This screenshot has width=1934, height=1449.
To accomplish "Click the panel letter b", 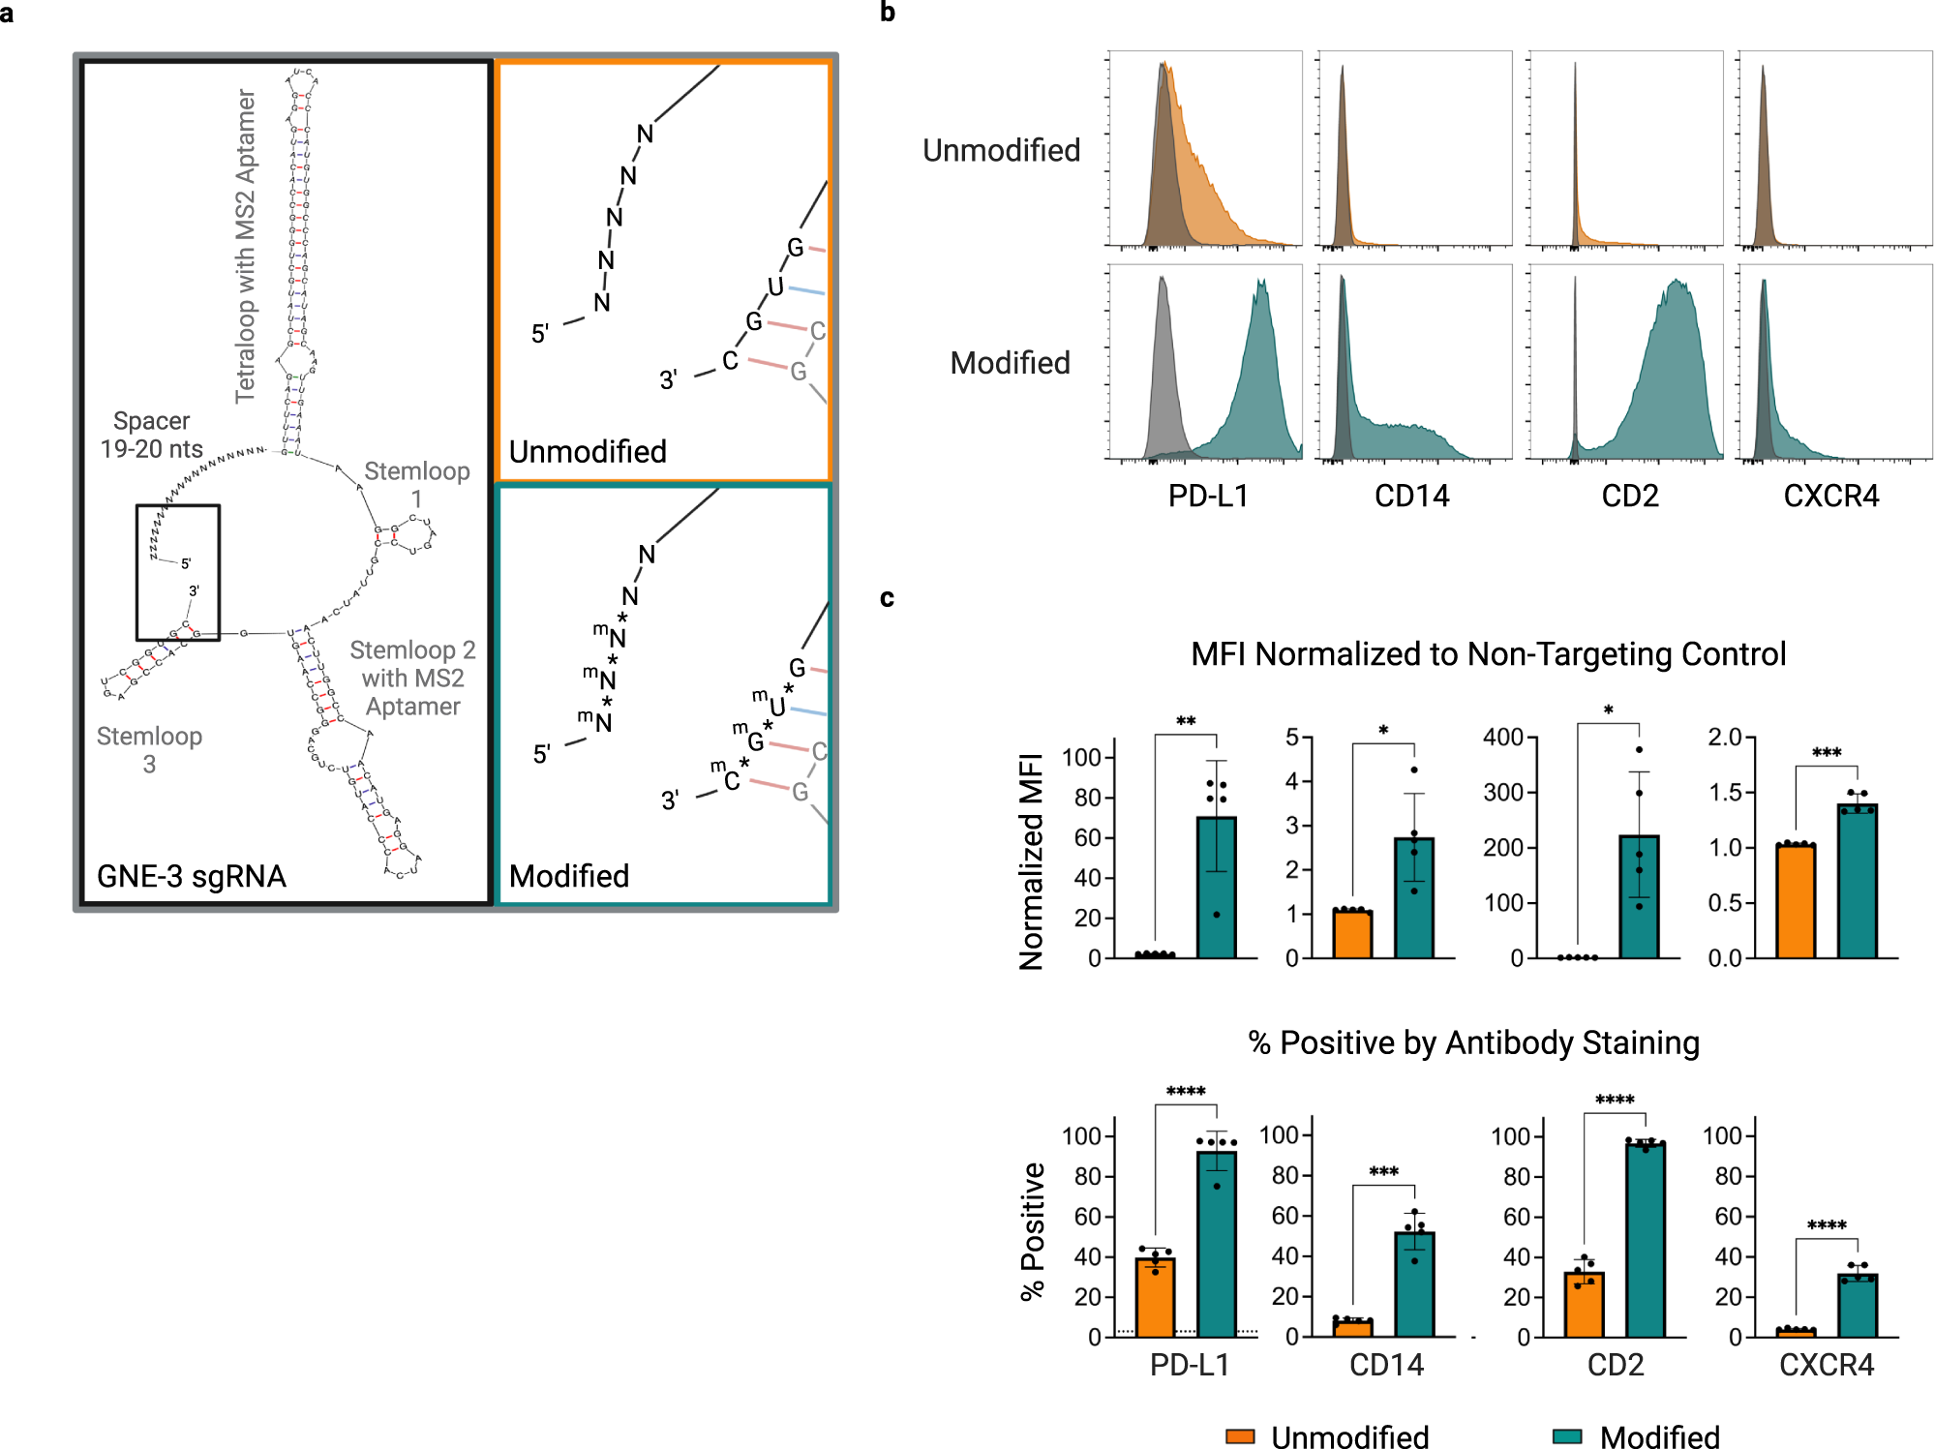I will click(x=888, y=13).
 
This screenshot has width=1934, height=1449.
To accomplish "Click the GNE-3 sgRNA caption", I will click(x=191, y=876).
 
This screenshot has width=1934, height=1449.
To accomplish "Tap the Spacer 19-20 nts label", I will click(x=152, y=435).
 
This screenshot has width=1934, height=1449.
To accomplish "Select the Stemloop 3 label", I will click(x=149, y=749).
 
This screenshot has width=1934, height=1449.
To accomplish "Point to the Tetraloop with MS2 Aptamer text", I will click(x=246, y=246).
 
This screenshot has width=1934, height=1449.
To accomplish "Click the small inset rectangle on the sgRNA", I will click(x=178, y=572).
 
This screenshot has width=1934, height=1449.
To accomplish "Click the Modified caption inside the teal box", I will click(x=569, y=876).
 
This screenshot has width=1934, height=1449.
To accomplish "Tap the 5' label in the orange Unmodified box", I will click(x=540, y=334).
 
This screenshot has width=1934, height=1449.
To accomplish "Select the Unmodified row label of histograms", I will click(x=1001, y=151).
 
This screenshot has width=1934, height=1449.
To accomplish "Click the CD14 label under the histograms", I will click(x=1411, y=497).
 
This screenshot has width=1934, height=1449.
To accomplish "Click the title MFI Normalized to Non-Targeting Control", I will click(x=1488, y=654).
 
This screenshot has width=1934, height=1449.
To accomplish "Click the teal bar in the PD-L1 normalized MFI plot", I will click(x=1216, y=887).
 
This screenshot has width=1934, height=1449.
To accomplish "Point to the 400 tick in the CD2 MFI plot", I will click(x=1503, y=738).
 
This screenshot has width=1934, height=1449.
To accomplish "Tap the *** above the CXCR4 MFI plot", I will click(x=1826, y=753).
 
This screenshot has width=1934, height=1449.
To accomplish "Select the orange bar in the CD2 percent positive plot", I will click(x=1584, y=1305).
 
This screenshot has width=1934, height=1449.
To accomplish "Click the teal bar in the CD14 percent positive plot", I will click(x=1414, y=1284).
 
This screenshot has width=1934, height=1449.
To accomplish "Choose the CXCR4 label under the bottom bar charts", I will click(x=1827, y=1365).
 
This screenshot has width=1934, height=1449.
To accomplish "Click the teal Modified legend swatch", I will click(x=1566, y=1436).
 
